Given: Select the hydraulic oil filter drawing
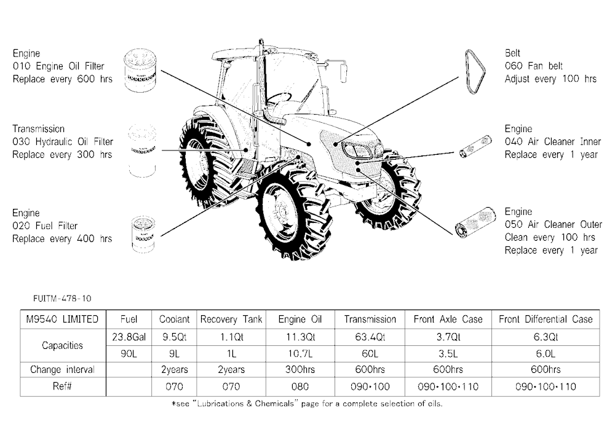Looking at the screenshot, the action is click(x=142, y=151).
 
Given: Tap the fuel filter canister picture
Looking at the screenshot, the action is click(x=143, y=233).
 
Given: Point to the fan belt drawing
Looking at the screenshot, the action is click(x=475, y=72).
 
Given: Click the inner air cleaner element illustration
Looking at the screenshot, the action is click(x=475, y=147).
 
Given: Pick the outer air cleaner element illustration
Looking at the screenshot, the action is click(x=475, y=222).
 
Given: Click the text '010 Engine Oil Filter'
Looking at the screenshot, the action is click(x=58, y=66).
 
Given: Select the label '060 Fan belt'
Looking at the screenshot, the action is click(x=533, y=66).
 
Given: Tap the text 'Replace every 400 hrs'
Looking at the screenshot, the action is click(x=62, y=239).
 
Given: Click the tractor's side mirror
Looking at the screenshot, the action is click(x=343, y=72).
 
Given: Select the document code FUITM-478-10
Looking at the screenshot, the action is click(x=62, y=299).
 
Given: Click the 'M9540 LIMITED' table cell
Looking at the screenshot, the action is click(x=63, y=319).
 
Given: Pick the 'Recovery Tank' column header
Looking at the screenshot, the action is click(x=231, y=319).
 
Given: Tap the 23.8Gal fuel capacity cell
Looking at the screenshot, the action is click(x=129, y=337).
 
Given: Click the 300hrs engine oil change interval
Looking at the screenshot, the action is click(x=300, y=370).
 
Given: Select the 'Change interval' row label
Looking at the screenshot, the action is click(x=63, y=370).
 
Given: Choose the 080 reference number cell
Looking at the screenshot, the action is click(x=300, y=387).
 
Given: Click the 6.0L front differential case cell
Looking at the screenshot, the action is click(x=546, y=354).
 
